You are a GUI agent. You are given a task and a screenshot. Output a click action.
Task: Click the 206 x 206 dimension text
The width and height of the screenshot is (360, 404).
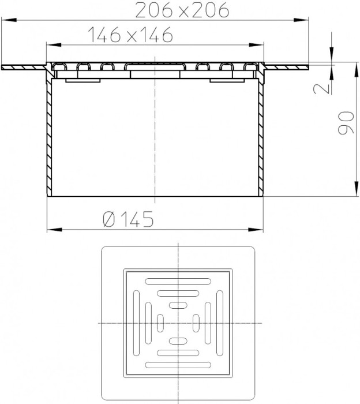182,10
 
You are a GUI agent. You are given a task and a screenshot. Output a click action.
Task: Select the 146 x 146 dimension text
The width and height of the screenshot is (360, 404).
130,34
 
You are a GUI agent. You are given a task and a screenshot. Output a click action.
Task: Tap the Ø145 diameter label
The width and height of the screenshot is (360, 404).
128,219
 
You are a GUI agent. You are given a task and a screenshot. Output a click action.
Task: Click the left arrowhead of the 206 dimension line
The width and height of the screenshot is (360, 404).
9,20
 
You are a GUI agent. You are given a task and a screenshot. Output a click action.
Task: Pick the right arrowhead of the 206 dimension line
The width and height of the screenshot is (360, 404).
301,20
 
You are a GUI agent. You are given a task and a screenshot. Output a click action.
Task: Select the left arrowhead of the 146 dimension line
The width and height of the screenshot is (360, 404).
54,45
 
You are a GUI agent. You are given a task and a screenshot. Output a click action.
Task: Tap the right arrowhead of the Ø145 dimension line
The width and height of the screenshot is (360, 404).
256,229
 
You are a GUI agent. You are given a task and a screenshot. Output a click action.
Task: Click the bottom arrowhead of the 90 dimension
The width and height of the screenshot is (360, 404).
356,189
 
